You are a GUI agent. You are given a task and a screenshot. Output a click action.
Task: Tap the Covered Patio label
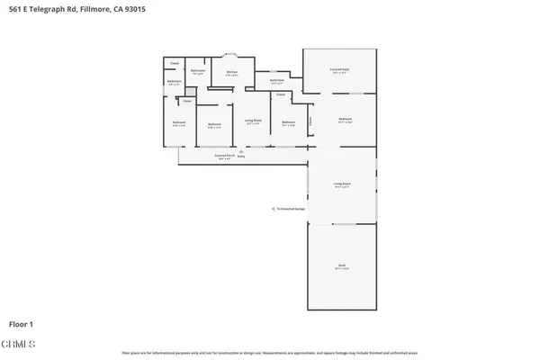(339, 69)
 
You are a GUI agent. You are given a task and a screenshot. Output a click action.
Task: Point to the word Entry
(240, 157)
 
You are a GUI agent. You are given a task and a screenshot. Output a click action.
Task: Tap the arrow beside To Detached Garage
(275, 209)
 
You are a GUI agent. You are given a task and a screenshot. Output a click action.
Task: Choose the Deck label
(342, 265)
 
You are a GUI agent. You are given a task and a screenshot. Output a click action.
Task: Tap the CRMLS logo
(20, 344)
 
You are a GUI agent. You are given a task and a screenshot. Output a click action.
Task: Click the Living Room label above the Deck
(342, 184)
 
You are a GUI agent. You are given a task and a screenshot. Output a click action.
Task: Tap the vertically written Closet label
(310, 121)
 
